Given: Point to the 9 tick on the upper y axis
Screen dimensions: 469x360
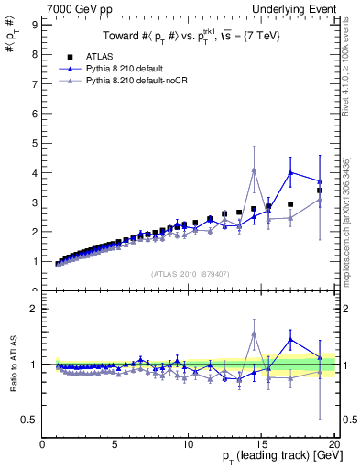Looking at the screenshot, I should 36,25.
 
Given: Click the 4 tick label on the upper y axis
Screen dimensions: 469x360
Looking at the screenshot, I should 36,172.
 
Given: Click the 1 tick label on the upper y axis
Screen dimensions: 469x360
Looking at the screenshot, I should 36,261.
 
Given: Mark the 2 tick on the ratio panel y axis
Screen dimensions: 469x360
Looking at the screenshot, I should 36,309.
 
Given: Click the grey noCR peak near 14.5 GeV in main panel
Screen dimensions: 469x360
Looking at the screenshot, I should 254,169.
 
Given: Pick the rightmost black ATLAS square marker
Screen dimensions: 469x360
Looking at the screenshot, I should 320,191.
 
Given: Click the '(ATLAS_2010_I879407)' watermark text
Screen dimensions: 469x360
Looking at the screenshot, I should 190,273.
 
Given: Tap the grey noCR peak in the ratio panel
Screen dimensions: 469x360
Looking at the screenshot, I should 254,333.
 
